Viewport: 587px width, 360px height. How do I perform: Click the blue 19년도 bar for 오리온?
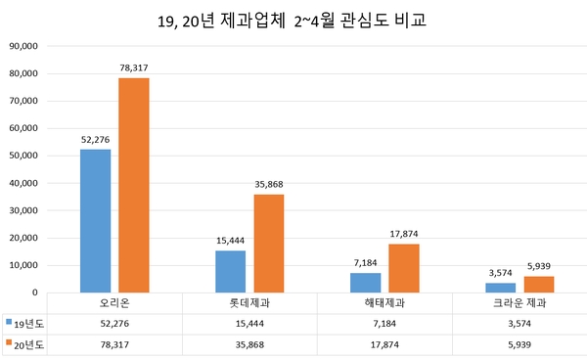pos(96,220)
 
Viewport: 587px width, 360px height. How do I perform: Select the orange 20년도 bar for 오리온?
pos(133,185)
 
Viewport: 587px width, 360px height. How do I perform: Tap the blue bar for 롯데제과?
pos(231,271)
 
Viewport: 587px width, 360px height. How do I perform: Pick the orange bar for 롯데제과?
pos(269,243)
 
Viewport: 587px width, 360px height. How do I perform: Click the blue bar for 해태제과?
pos(366,282)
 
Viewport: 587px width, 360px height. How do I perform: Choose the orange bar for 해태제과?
pos(404,267)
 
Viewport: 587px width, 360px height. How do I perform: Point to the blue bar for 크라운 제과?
pos(501,287)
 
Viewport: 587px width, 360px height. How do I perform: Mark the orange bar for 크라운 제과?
pos(539,284)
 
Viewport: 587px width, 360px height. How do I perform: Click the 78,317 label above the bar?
pos(133,67)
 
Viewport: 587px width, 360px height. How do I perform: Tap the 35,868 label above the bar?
pos(269,184)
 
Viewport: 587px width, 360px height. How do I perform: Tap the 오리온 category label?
pos(115,302)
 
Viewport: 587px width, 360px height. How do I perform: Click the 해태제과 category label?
pos(384,302)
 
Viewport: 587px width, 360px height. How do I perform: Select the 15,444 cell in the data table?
pos(249,322)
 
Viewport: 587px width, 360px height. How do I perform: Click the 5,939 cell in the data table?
pos(519,344)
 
